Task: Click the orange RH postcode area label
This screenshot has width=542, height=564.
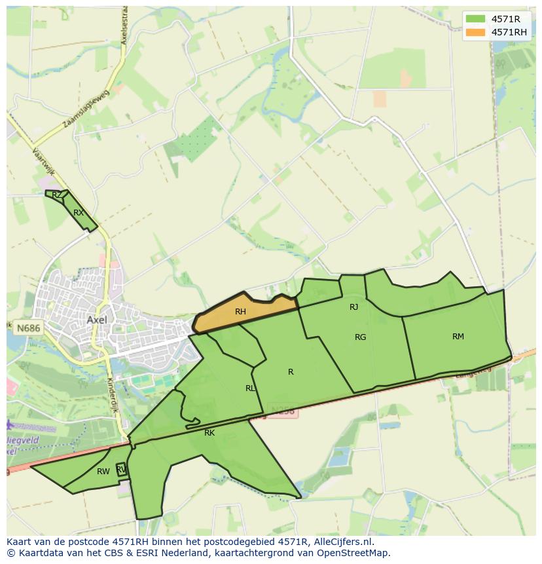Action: point(240,312)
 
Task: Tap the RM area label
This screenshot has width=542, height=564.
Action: point(458,337)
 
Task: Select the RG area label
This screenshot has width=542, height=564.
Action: point(360,337)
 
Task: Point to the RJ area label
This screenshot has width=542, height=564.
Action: point(353,307)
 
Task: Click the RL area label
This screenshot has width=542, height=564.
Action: point(250,388)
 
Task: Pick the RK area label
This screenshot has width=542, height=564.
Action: point(209,433)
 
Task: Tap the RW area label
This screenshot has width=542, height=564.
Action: point(103,472)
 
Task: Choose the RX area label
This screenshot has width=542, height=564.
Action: point(79,213)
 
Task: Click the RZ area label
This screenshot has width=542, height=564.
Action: point(57,195)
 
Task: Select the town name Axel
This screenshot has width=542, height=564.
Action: point(96,320)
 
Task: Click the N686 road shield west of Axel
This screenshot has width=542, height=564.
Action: point(27,326)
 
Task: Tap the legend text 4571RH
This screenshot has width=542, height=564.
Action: point(509,32)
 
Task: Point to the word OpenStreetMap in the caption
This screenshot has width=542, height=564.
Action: point(357,553)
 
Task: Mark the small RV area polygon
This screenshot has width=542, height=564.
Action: point(121,469)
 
